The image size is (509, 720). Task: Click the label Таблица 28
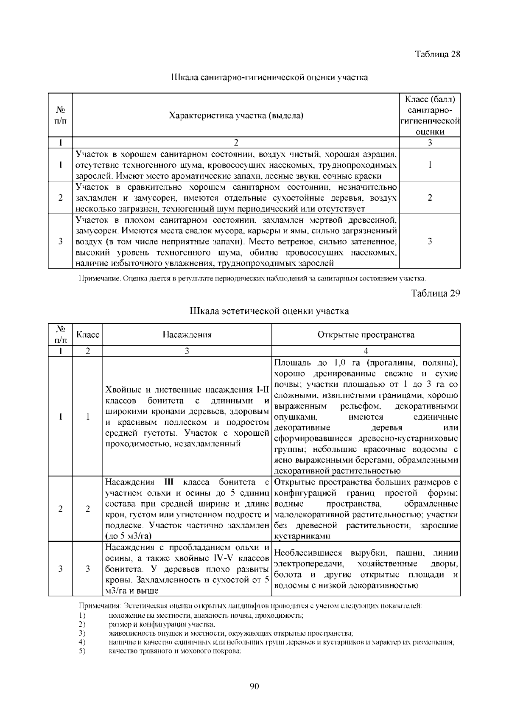point(437,54)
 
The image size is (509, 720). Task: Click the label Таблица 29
point(436,293)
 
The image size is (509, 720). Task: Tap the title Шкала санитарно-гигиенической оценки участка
point(269,77)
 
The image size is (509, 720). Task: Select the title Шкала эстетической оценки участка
point(269,311)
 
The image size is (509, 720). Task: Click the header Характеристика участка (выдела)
point(236,115)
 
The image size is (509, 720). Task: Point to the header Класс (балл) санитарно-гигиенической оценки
point(430,115)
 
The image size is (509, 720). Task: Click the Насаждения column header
point(187,335)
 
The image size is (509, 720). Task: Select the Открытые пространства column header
point(366,335)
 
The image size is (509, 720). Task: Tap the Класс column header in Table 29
point(88,335)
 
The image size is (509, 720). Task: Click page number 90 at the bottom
point(254,686)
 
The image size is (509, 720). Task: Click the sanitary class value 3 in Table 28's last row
point(430,241)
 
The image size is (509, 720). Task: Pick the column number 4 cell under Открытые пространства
point(366,351)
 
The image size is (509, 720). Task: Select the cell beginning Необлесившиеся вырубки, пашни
point(366,569)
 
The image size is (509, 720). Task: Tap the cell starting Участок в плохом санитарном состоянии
point(236,241)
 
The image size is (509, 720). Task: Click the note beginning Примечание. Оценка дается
point(252,279)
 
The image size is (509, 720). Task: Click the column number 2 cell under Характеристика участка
point(236,143)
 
